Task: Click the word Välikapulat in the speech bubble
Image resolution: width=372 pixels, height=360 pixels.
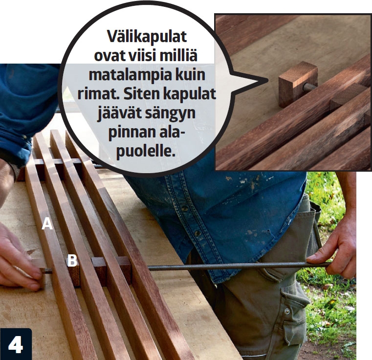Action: pos(147,37)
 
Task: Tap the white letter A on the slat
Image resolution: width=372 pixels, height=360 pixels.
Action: pos(47,224)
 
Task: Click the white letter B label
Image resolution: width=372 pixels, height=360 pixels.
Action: pos(72,261)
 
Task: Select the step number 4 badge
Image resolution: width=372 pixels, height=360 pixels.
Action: pos(16,344)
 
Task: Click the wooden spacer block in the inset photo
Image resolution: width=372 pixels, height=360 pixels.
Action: pos(298,84)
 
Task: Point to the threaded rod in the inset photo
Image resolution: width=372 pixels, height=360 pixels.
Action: pos(309,87)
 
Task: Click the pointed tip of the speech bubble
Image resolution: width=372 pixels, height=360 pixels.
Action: pos(267,81)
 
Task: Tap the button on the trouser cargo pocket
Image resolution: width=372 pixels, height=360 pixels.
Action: pos(287,311)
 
